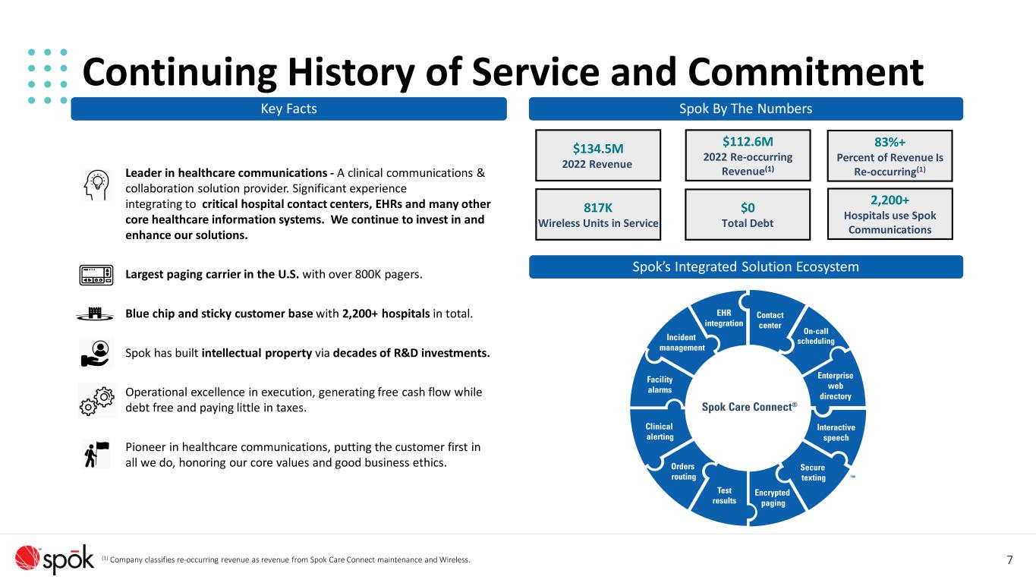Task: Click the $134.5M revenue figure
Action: tap(598, 149)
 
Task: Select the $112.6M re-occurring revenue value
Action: tap(748, 142)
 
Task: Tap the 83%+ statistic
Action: tap(890, 142)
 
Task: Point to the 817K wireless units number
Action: tap(598, 208)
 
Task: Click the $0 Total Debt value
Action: tap(748, 208)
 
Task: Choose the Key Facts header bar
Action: tap(288, 109)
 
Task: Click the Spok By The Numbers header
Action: tap(745, 109)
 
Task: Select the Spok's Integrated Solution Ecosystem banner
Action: tap(745, 267)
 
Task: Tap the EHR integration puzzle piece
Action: tap(722, 320)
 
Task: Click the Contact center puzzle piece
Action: tap(773, 320)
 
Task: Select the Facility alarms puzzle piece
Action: tap(660, 385)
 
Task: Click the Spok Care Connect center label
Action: tap(749, 407)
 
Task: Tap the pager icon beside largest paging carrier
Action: tap(96, 275)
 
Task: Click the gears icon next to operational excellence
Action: tap(97, 401)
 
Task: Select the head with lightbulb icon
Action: tap(96, 185)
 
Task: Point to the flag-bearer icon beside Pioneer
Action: tap(96, 455)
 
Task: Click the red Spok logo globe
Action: tap(27, 557)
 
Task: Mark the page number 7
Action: tap(1009, 560)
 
